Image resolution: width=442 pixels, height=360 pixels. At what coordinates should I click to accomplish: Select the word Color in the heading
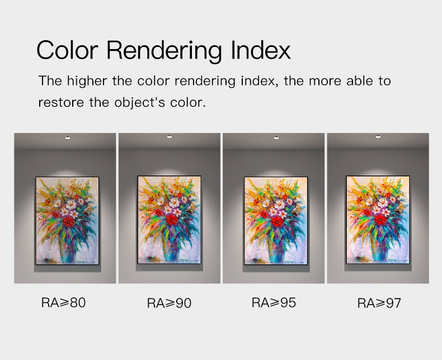click(x=67, y=50)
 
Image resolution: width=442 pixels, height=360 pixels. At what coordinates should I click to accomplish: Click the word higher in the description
click(x=87, y=81)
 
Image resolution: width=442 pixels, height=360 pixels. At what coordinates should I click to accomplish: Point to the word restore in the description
click(x=61, y=102)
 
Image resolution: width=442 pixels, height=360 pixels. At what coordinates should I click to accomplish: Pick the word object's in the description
click(x=139, y=102)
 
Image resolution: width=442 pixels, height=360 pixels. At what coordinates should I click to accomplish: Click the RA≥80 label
click(x=63, y=302)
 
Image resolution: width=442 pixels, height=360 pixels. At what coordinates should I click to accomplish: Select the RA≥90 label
click(x=169, y=303)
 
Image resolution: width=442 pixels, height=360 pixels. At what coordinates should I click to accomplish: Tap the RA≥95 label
click(x=274, y=302)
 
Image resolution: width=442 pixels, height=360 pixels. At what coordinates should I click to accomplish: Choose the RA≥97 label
click(x=379, y=303)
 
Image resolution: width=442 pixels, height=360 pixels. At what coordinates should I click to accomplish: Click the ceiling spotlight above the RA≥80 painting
click(x=68, y=138)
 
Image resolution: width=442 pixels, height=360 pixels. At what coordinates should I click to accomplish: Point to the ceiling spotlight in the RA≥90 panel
click(x=170, y=137)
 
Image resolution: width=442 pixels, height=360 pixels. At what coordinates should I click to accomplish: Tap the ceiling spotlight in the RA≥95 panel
click(x=276, y=138)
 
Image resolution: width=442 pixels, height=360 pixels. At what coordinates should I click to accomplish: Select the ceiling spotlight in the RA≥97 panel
click(x=378, y=137)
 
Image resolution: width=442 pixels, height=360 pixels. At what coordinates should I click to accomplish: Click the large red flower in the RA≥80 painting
click(x=68, y=221)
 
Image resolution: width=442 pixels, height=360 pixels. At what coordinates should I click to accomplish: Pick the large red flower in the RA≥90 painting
click(x=171, y=220)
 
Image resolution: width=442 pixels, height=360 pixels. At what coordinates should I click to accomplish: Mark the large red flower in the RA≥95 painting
click(x=278, y=221)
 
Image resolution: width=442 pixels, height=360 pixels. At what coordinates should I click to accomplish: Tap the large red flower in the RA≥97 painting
click(x=380, y=220)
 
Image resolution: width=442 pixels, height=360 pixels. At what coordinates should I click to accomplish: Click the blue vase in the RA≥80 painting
click(x=68, y=248)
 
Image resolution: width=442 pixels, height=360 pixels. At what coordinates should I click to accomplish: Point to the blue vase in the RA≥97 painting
click(x=380, y=247)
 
